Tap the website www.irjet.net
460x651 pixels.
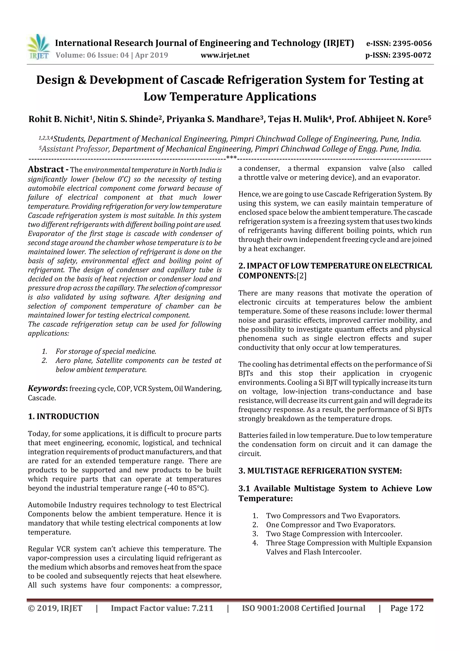pos(225,55)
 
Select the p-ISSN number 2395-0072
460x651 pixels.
pos(411,55)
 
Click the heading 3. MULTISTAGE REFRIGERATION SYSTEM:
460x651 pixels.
pos(320,471)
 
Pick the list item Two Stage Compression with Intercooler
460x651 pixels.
pos(334,534)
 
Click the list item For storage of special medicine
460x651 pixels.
pos(106,351)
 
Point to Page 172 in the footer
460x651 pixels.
pos(407,608)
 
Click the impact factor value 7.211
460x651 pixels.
pos(202,608)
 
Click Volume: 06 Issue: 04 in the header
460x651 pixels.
pos(92,55)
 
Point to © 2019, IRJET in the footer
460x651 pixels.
pos(55,608)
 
